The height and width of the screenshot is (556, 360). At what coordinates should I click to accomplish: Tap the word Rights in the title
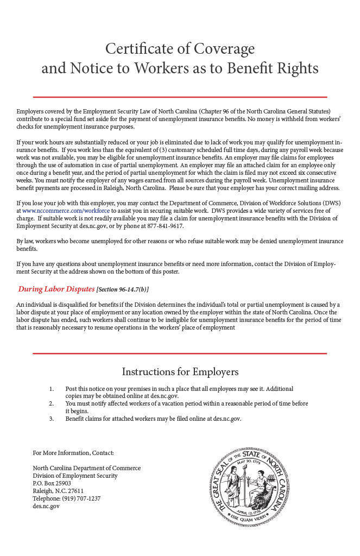[298, 68]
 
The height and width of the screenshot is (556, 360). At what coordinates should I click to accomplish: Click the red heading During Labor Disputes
[56, 289]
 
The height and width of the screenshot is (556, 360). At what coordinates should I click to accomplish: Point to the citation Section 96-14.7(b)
[122, 289]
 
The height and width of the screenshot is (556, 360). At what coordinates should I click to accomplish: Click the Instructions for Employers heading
[180, 372]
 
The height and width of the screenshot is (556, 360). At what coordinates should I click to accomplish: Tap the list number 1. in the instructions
[52, 389]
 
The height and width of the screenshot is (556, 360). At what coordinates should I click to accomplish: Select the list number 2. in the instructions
[52, 403]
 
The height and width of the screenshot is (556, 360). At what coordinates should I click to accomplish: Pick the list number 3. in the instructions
[52, 419]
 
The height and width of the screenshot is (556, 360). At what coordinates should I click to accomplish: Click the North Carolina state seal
[250, 487]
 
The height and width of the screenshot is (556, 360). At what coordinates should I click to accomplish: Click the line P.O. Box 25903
[52, 483]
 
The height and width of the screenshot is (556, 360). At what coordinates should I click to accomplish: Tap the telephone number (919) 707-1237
[82, 498]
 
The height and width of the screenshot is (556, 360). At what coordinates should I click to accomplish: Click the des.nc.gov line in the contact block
[46, 506]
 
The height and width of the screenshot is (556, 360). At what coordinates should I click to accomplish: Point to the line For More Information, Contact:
[73, 453]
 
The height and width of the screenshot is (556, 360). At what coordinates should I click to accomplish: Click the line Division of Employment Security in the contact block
[75, 476]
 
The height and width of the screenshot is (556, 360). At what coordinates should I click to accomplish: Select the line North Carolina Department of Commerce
[87, 468]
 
